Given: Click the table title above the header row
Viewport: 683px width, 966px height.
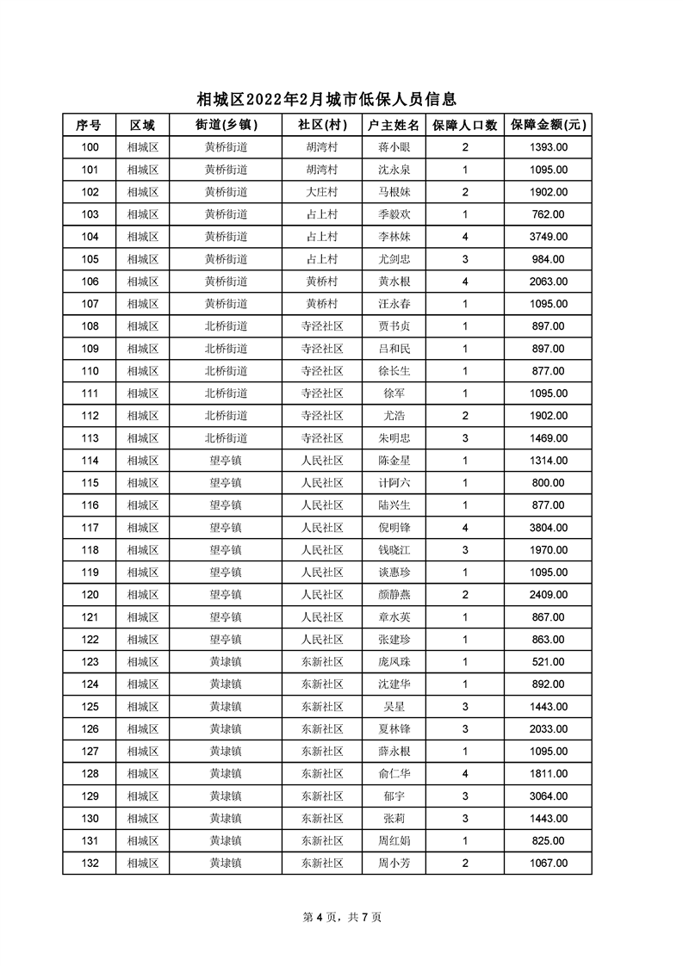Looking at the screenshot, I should [326, 100].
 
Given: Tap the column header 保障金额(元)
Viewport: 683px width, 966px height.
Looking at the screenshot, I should [548, 125].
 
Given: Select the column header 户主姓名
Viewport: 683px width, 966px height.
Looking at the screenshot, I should [394, 125].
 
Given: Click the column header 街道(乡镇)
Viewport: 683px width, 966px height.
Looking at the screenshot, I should [227, 125].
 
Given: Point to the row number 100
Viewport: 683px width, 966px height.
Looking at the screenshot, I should [90, 147].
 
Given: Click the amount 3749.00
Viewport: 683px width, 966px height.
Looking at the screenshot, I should [548, 237].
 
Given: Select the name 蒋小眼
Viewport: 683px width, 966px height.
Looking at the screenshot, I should [394, 147].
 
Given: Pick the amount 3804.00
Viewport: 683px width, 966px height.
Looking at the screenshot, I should [548, 528].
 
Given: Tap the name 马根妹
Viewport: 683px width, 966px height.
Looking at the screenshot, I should [394, 192].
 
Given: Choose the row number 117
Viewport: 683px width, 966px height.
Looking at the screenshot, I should [90, 528].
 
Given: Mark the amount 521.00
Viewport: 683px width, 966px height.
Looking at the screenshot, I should [548, 662].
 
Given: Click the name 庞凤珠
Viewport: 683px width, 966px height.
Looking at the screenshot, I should [394, 662].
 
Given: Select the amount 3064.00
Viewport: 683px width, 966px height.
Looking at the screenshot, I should [548, 796].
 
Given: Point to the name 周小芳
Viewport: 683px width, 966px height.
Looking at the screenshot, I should [394, 864].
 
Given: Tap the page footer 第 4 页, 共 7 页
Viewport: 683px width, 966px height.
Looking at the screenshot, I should [342, 917].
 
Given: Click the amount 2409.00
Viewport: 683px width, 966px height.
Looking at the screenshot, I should [548, 595].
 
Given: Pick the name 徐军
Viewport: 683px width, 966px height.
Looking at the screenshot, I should [394, 393].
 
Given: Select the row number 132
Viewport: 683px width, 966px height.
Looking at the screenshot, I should [90, 864].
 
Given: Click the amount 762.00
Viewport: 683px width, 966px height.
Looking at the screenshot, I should [548, 214].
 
